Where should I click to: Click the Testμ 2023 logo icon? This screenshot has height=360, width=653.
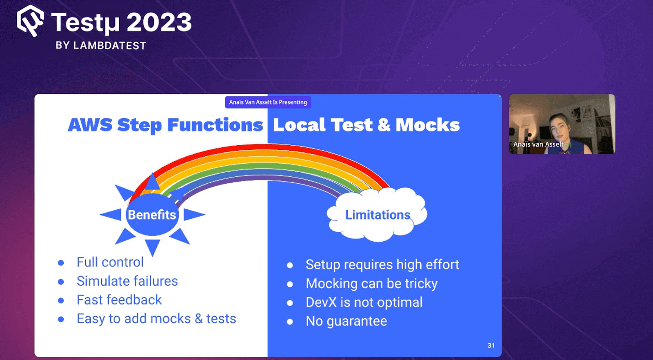point(30,21)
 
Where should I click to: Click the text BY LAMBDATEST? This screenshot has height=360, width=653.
point(101,45)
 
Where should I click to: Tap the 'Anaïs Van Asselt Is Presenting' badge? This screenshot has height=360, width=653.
point(268,102)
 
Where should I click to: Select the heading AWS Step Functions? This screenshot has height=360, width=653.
point(165,125)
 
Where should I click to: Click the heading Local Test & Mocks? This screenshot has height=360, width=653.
point(366,125)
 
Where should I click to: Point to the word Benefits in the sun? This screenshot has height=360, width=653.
point(152,215)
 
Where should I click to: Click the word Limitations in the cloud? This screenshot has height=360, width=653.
point(378,215)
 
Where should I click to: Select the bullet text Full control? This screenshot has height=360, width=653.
point(110,262)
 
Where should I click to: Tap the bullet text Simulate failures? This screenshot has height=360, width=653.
point(127,281)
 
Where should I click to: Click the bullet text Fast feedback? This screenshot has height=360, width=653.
point(119,300)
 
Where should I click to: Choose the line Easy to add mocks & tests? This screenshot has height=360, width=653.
point(156,318)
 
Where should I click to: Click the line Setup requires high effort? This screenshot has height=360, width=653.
point(382,264)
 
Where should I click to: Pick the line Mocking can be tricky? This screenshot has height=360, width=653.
point(371,283)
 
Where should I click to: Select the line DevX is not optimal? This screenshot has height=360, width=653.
point(364,302)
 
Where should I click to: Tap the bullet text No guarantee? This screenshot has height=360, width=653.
point(346,321)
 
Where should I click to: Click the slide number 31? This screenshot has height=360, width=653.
point(491,345)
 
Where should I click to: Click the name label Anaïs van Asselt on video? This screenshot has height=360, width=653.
point(538,144)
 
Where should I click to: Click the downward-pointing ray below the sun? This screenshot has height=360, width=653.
point(152,247)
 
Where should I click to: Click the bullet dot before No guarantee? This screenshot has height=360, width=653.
point(290,322)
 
